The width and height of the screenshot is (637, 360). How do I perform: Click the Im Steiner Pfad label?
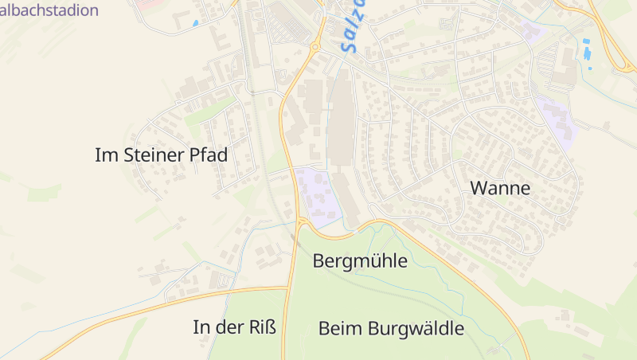(161, 155)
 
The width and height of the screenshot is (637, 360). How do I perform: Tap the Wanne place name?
(500, 189)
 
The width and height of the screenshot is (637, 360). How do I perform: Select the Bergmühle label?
(360, 260)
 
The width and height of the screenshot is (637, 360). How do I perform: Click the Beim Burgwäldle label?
(391, 327)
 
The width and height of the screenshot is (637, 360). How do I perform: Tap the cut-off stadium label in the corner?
(49, 10)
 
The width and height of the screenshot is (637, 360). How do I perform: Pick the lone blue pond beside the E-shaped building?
(195, 23)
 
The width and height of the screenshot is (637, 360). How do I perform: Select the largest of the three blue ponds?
(588, 54)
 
